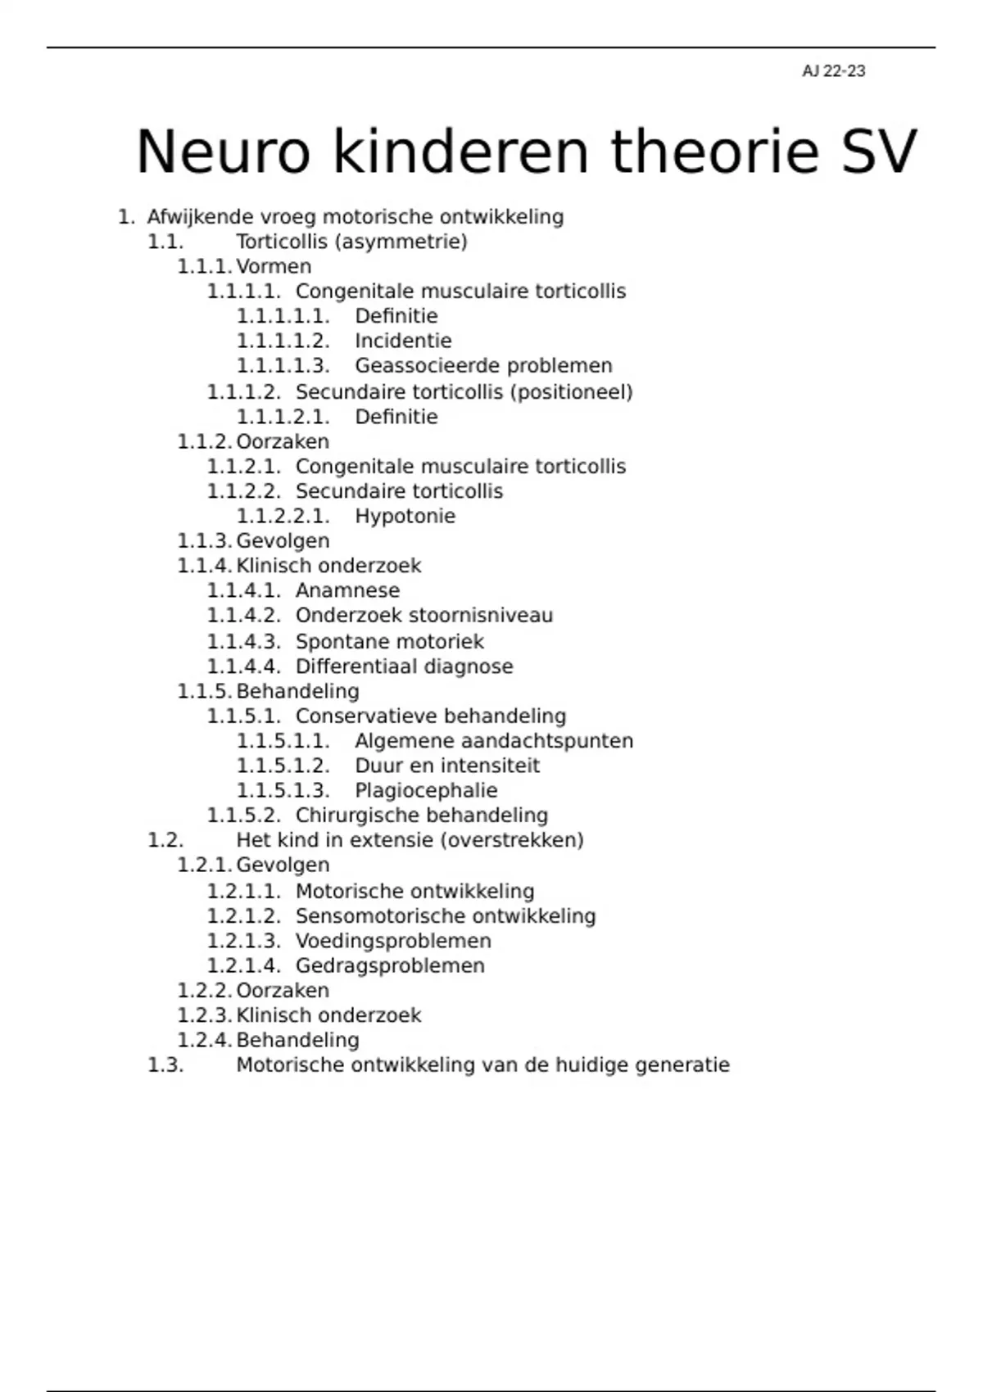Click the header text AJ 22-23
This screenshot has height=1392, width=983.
tap(833, 71)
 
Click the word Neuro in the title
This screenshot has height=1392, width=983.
tap(223, 152)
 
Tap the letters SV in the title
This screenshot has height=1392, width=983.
tap(879, 152)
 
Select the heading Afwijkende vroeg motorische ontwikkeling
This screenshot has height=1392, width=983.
tap(355, 217)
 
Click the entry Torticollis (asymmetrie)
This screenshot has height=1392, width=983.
tap(351, 242)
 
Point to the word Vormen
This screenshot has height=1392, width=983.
tap(274, 267)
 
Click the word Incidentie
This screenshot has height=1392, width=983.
tap(403, 341)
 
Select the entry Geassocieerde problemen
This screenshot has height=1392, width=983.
tap(483, 365)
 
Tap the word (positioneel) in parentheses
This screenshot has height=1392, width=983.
tap(571, 392)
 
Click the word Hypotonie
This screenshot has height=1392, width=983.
tap(405, 516)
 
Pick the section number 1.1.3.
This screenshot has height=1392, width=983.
tap(204, 541)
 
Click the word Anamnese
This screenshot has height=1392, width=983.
tap(347, 590)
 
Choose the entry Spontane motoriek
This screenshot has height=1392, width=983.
tap(389, 642)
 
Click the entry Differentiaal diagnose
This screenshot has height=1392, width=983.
tap(404, 667)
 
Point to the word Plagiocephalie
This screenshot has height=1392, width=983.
tap(426, 791)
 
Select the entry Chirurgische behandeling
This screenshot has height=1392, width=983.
tap(421, 816)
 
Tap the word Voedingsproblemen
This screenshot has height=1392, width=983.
tap(393, 941)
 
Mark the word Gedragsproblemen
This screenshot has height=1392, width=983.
tap(390, 966)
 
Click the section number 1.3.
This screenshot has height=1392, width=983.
tap(165, 1065)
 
